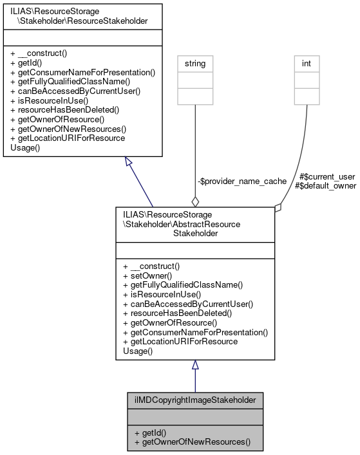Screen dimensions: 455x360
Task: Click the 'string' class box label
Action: point(196,64)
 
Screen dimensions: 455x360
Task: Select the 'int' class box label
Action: point(307,64)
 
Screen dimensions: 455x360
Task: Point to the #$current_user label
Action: point(328,176)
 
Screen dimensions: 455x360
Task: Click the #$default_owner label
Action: point(325,185)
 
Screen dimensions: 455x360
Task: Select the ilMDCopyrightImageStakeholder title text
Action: point(195,400)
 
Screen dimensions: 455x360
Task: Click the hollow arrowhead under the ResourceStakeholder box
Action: point(129,162)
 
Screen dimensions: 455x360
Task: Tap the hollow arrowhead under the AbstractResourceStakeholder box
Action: point(195,365)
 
